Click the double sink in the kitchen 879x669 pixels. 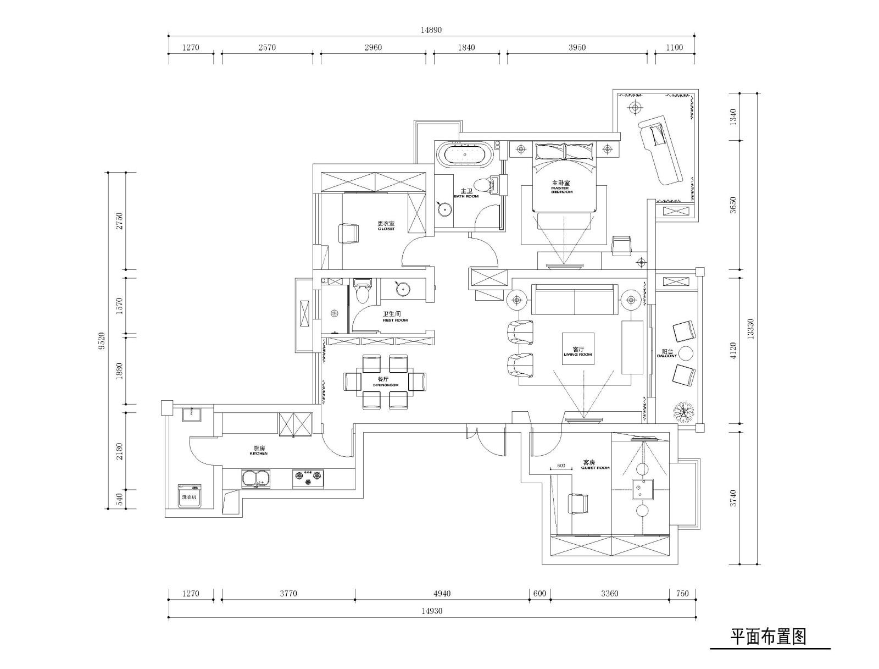[255, 478]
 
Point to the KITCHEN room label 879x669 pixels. [259, 451]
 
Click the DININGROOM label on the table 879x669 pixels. [385, 382]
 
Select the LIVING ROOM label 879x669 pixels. [578, 352]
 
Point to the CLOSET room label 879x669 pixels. [386, 226]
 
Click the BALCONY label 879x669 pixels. [667, 353]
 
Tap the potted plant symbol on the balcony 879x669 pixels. [684, 411]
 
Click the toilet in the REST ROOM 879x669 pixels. [362, 292]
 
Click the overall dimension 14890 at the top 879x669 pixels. [431, 30]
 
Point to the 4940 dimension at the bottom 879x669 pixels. [442, 593]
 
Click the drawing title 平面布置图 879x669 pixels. [767, 637]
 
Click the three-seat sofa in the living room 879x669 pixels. [574, 300]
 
